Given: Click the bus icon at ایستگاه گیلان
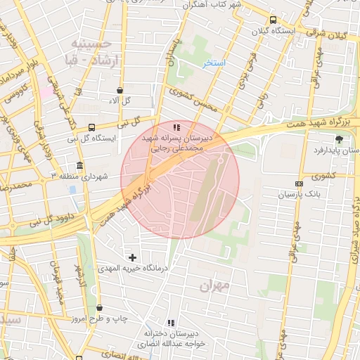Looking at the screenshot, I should coord(273,20).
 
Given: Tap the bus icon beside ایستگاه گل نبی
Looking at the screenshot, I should coord(92,127).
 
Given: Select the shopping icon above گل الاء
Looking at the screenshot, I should coord(120,90).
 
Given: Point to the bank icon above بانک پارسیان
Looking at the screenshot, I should coord(300,184).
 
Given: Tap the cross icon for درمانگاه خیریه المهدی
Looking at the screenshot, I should coord(132,257).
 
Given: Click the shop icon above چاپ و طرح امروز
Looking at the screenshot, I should coord(99,308).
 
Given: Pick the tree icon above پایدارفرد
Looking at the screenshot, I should coord(340,139).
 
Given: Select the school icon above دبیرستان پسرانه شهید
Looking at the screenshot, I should coord(176,127).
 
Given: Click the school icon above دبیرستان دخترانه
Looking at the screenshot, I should coord(170,322).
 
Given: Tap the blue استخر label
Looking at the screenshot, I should coord(213,64).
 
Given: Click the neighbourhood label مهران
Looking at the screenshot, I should coord(214,286).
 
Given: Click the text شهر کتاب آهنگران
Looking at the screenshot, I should coord(211,5).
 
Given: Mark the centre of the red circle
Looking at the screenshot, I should coord(180,179).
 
